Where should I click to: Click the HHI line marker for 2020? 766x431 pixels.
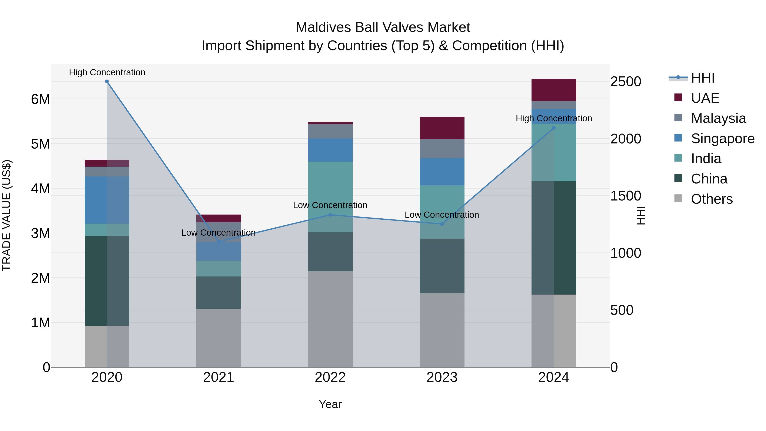[107, 82]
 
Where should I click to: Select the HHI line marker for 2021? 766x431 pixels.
[219, 242]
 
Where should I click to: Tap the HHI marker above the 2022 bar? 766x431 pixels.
[330, 215]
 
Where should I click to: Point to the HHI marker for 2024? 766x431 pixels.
[553, 128]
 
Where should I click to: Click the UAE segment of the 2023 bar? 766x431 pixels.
[442, 128]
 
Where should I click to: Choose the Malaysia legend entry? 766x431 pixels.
[718, 118]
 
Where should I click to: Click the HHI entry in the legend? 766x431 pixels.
[702, 78]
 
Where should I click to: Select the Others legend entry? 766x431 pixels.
[712, 199]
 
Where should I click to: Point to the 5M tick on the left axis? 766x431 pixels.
[40, 144]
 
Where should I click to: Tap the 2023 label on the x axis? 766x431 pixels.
[442, 377]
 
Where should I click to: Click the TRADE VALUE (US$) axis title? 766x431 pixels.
[7, 215]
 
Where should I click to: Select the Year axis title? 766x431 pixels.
[330, 404]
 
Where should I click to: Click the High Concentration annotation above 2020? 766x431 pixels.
[107, 72]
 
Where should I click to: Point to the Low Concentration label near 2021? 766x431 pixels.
[218, 233]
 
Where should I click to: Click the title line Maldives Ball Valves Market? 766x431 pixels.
[383, 27]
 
